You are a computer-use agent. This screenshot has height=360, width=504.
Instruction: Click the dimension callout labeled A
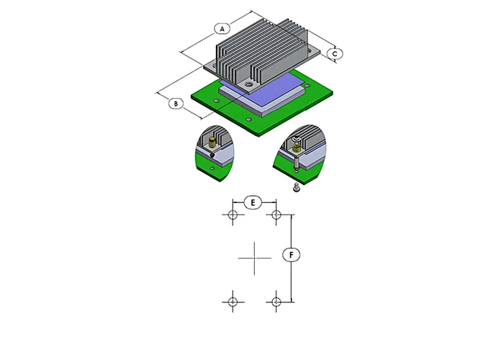click(x=222, y=29)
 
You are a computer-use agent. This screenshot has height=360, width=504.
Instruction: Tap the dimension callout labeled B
click(x=176, y=104)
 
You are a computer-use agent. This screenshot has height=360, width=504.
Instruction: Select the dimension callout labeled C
click(x=335, y=54)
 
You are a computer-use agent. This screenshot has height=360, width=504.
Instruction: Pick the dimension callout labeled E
click(x=253, y=203)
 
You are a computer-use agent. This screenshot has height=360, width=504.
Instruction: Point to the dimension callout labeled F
click(x=291, y=255)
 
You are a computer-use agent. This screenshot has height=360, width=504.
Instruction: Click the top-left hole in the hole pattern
click(x=233, y=215)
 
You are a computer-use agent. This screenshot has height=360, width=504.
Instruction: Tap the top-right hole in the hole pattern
click(x=276, y=215)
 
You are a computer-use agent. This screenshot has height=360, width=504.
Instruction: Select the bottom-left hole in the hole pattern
click(x=233, y=302)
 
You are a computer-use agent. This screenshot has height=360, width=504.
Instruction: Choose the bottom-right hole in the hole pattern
click(x=276, y=302)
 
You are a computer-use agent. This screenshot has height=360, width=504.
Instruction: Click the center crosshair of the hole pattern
click(x=255, y=258)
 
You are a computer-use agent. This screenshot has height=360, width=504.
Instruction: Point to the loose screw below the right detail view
click(x=296, y=187)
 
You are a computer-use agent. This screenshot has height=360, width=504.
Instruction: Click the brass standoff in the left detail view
click(x=212, y=143)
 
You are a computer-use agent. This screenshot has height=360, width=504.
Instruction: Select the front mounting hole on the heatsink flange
click(x=248, y=85)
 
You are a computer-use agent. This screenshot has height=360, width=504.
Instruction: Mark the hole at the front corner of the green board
click(x=248, y=120)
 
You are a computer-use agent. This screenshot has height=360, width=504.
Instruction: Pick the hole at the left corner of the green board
click(x=217, y=102)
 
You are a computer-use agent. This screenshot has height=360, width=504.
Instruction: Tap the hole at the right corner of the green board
click(x=307, y=86)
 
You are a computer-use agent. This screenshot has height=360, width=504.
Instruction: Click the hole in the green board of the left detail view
click(x=212, y=168)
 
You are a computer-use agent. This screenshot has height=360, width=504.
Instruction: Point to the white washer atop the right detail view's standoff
click(x=297, y=139)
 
